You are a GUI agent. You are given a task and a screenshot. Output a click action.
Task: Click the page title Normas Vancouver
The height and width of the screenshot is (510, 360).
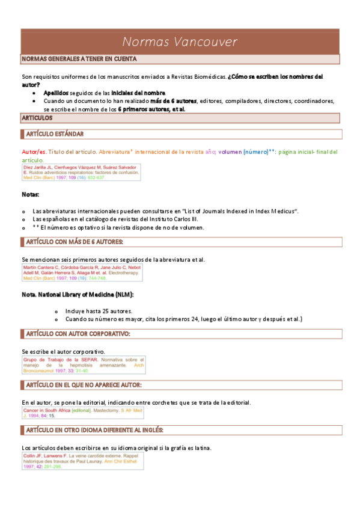point(180,41)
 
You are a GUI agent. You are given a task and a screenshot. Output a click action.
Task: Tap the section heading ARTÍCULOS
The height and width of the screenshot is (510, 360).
point(37,119)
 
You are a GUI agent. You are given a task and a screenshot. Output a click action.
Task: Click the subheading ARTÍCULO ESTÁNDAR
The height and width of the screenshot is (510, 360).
point(55,134)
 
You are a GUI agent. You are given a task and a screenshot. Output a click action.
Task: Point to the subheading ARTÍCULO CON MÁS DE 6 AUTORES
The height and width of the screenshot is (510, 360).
point(74,242)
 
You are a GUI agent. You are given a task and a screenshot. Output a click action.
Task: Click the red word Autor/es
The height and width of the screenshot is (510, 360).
point(34,152)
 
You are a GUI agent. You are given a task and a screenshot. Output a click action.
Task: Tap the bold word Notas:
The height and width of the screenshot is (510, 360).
point(31,195)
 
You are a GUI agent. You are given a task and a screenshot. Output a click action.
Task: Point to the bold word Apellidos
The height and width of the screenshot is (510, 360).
point(56,93)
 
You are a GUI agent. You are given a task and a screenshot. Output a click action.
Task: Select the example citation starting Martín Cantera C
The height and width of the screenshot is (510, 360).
point(81,273)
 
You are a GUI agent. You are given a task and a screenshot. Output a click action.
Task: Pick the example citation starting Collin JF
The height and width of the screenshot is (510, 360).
point(82,461)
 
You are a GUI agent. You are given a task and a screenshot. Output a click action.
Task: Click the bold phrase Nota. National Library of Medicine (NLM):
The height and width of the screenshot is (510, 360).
point(78,295)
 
